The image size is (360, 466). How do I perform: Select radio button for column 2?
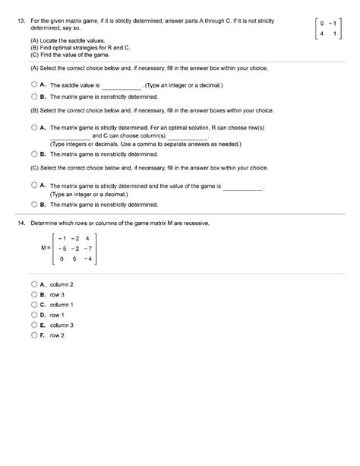pyautogui.click(x=34, y=284)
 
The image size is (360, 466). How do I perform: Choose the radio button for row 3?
pyautogui.click(x=34, y=293)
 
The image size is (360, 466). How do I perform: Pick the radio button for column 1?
pyautogui.click(x=34, y=303)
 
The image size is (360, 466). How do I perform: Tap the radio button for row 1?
pyautogui.click(x=34, y=313)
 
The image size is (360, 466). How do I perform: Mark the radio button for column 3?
pyautogui.click(x=34, y=324)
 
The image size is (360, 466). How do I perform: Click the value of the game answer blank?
pyautogui.click(x=242, y=185)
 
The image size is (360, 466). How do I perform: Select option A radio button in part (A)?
pyautogui.click(x=34, y=86)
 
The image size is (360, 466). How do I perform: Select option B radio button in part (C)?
pyautogui.click(x=34, y=204)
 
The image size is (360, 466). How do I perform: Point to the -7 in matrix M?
pyautogui.click(x=89, y=247)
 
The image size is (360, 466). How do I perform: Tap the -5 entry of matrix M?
pyautogui.click(x=61, y=247)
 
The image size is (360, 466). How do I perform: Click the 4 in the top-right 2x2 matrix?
pyautogui.click(x=322, y=33)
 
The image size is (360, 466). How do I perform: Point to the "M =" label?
pyautogui.click(x=44, y=248)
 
